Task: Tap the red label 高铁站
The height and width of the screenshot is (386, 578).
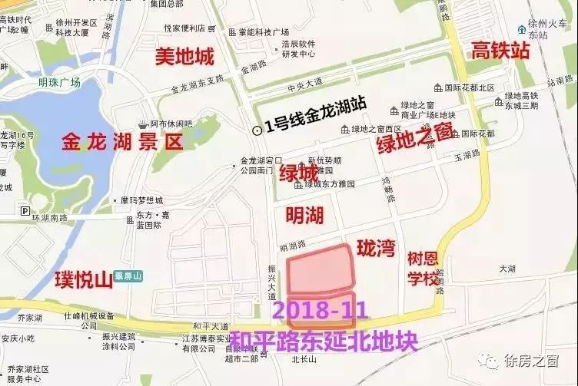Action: point(500,52)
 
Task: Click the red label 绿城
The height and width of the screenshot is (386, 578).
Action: point(299,173)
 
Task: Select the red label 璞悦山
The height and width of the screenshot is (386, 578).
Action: point(84,279)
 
